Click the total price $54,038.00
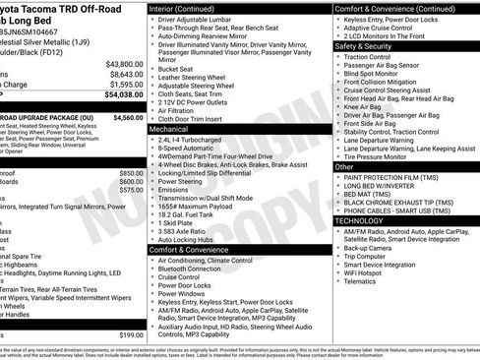[x=124, y=95]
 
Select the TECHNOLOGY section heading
[x=366, y=221]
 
